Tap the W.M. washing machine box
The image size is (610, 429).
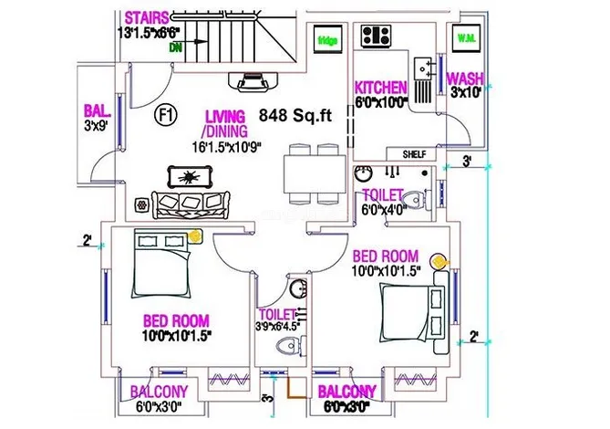(x=465, y=39)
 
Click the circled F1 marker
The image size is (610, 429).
(x=166, y=115)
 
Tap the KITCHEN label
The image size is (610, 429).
(x=380, y=88)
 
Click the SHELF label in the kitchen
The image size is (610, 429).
(x=412, y=154)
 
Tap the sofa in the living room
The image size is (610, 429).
(x=189, y=203)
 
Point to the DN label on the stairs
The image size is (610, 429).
(x=175, y=47)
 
